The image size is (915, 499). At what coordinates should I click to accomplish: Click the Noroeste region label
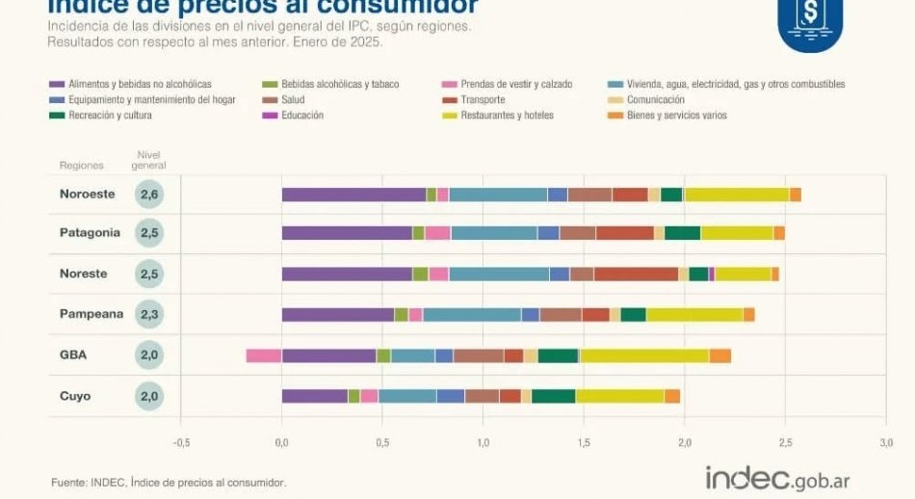87,194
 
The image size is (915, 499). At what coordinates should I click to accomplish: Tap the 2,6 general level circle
148,195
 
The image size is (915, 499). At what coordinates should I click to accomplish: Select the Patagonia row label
90,233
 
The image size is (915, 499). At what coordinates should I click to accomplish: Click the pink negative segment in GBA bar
263,355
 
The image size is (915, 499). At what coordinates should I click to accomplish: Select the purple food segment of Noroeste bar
353,195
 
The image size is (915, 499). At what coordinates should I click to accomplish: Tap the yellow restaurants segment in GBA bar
643,355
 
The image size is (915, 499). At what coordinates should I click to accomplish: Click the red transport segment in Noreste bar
636,275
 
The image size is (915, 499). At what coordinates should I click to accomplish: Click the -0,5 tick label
181,443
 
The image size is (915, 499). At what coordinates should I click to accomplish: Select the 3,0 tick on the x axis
885,443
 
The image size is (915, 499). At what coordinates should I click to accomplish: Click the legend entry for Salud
295,100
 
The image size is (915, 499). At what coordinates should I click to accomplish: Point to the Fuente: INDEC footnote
169,482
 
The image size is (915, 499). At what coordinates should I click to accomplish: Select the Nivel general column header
148,160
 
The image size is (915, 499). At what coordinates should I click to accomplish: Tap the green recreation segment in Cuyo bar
553,396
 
